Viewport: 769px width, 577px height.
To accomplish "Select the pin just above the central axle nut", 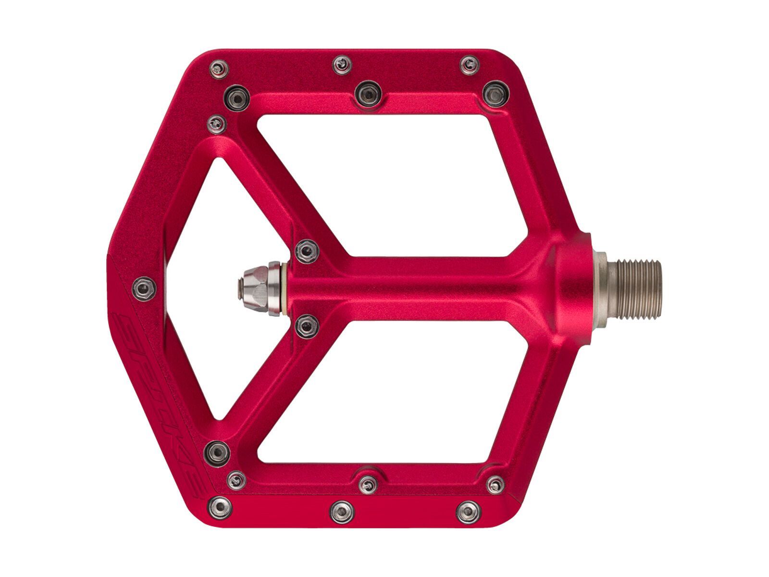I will (306, 251).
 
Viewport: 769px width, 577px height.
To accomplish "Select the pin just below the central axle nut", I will (306, 327).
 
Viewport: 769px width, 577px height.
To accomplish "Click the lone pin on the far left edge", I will (143, 288).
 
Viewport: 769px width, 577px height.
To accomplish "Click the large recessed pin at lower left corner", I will (217, 451).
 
